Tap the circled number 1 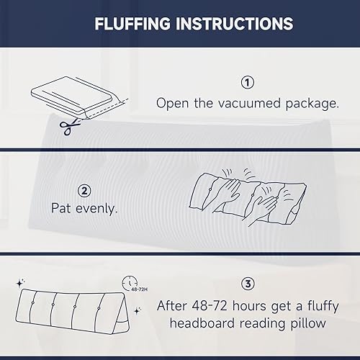(248, 81)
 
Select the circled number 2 (84, 191)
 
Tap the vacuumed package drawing (72, 97)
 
